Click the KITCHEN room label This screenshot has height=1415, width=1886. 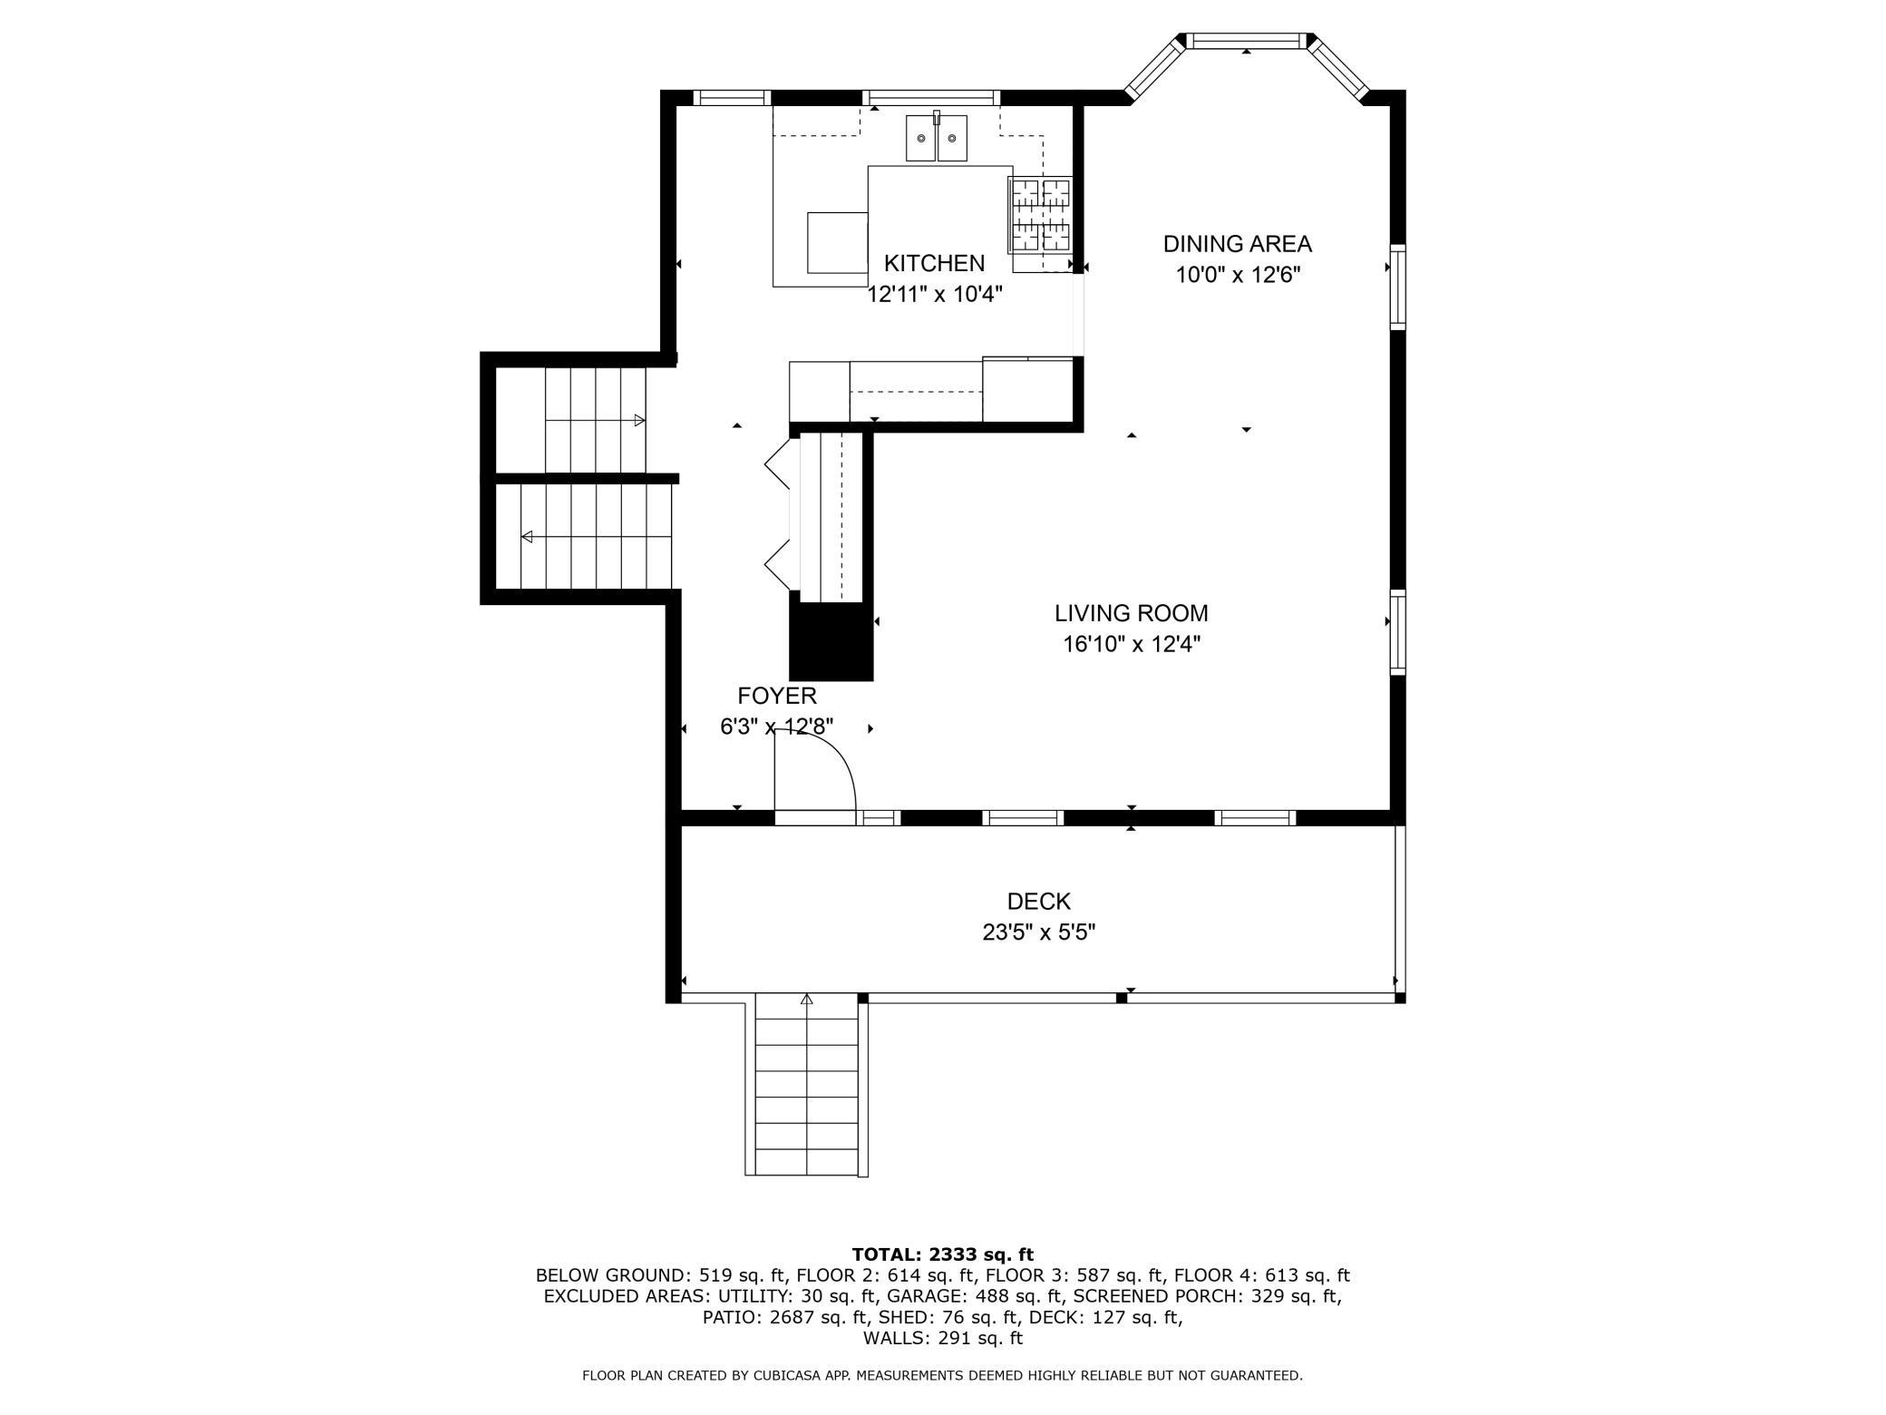934,263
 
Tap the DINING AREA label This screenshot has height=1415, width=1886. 1238,244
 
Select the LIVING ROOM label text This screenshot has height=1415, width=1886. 1131,613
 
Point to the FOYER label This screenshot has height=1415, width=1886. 777,696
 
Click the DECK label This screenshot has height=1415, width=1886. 1039,902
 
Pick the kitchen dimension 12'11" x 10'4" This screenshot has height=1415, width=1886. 935,294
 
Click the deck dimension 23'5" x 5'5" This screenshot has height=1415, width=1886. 1039,932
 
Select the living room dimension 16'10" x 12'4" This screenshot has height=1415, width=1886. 1132,644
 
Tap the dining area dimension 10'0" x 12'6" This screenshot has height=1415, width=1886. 1238,275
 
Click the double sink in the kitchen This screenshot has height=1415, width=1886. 937,138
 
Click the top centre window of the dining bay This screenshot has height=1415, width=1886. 1247,41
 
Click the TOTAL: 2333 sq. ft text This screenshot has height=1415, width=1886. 942,1254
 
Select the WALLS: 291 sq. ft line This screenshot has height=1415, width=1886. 942,1338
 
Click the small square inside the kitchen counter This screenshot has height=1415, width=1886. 838,242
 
